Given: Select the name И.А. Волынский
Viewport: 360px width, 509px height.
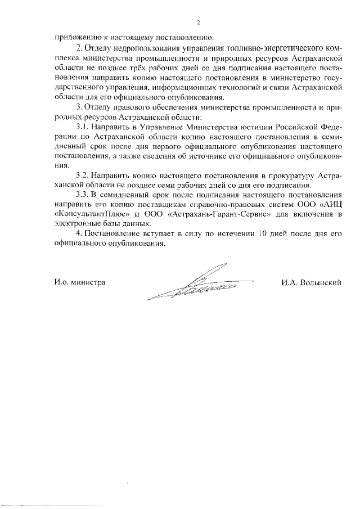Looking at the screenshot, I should point(312,282).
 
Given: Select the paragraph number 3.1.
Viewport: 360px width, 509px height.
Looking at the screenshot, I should point(83,127).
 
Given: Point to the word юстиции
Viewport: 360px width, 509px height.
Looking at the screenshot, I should point(261,127).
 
